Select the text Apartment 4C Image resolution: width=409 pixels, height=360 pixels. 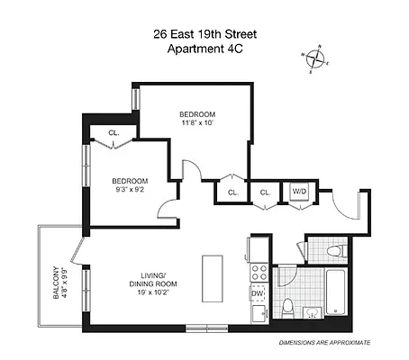[204, 49]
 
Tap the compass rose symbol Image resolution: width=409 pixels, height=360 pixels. [316, 59]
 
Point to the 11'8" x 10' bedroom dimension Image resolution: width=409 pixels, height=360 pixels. [196, 123]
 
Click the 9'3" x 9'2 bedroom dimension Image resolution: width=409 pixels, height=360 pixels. [131, 189]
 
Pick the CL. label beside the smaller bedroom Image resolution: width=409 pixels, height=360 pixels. [114, 132]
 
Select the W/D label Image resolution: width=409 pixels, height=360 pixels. [298, 192]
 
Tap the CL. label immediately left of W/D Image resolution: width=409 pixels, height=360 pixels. [266, 192]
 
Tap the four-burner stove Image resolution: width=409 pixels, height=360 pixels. [258, 272]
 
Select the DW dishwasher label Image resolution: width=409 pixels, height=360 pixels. [257, 293]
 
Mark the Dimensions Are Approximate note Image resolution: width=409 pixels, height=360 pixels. [325, 343]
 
